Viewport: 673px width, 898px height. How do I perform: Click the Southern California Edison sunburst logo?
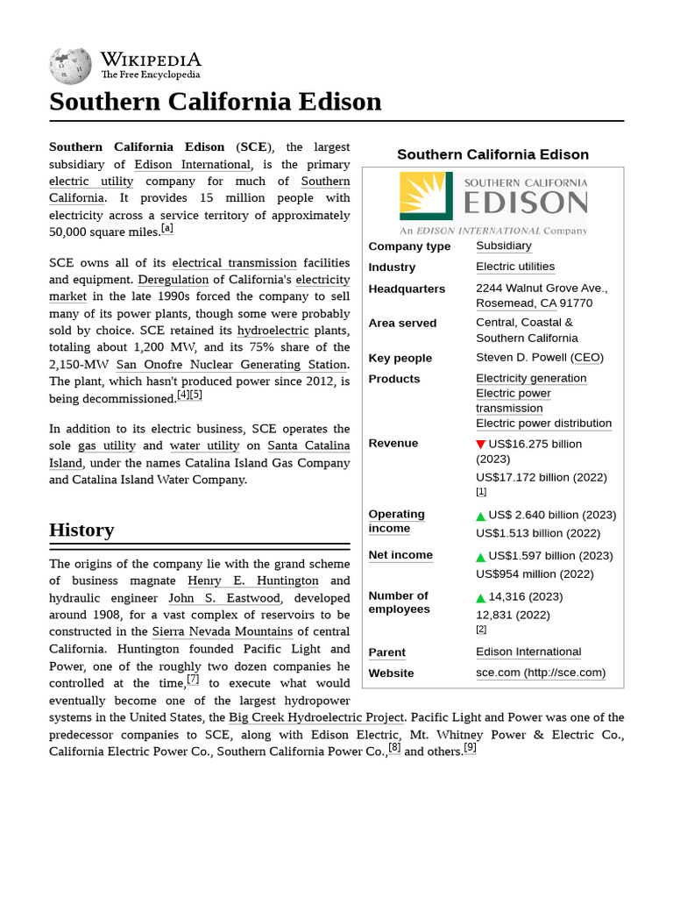(426, 196)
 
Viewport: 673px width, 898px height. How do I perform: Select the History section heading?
(81, 530)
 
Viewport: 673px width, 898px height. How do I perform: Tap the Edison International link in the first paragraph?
(193, 164)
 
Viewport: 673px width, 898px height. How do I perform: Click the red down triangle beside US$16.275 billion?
(480, 445)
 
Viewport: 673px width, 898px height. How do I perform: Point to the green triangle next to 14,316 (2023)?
(480, 597)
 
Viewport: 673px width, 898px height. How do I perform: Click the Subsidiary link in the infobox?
(503, 246)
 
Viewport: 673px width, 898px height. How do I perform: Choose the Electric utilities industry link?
(514, 267)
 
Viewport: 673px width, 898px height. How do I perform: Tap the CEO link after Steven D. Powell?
(587, 358)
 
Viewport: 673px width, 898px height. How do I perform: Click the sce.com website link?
(540, 673)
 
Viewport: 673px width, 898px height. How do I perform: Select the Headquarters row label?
(407, 289)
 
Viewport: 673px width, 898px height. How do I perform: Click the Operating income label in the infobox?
(396, 521)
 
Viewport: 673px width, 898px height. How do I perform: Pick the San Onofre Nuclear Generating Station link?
(231, 364)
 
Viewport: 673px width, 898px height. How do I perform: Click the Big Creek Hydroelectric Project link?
(316, 717)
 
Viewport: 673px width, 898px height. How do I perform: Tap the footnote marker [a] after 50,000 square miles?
(166, 229)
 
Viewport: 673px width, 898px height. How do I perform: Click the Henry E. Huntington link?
(253, 581)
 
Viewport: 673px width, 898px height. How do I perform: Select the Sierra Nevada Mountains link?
(223, 631)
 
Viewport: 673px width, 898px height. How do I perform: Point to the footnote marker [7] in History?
(193, 680)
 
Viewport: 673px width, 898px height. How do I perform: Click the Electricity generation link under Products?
(531, 378)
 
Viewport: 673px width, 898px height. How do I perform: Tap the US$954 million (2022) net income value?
(535, 574)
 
